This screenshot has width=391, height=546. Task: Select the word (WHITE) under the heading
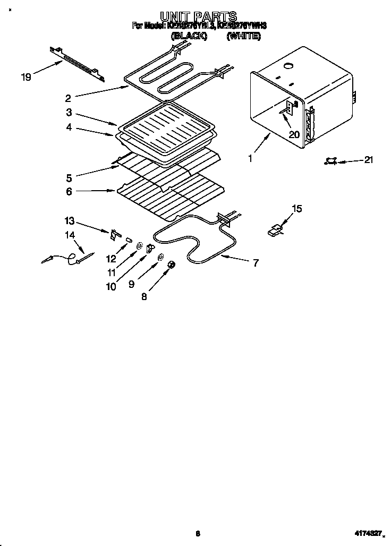[243, 36]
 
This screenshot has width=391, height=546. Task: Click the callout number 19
[25, 78]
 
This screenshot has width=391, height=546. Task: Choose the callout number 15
[297, 209]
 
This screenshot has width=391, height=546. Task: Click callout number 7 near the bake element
[256, 262]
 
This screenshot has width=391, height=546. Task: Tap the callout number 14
[70, 235]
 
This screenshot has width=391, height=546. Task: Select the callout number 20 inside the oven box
[294, 134]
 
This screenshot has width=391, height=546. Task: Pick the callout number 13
[70, 220]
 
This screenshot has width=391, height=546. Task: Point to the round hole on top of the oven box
[289, 66]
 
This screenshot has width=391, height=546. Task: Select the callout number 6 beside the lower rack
[70, 192]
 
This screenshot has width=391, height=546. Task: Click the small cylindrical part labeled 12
[128, 240]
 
